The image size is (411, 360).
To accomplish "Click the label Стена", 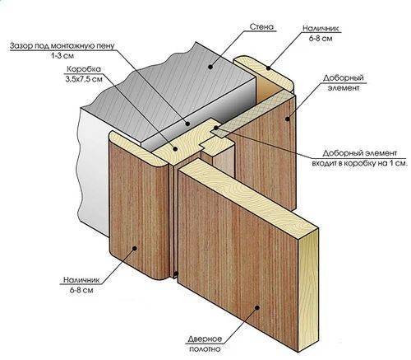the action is (x=261, y=27).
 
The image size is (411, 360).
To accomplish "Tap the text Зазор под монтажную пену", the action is (x=62, y=46).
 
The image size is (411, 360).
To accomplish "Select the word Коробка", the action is (x=84, y=69).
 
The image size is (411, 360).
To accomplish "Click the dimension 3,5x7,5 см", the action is (x=84, y=79).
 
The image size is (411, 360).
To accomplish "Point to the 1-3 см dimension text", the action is (x=62, y=56).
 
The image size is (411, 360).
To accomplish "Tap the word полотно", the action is (x=205, y=349).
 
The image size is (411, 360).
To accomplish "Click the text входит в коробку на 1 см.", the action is (x=360, y=163).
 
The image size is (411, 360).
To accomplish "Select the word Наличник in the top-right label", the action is (x=321, y=28).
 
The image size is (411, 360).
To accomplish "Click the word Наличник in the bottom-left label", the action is (x=81, y=280).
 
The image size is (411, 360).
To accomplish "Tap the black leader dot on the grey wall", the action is (x=210, y=67).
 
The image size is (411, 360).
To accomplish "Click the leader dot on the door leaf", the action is (x=257, y=307).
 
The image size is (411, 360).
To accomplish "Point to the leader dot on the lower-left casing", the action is (x=134, y=248).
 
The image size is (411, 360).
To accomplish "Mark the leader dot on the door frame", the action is (x=175, y=148).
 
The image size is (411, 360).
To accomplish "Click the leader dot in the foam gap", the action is (x=187, y=124).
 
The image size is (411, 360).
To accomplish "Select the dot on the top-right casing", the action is (x=269, y=68).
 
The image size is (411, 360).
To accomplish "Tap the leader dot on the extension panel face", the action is (x=288, y=119).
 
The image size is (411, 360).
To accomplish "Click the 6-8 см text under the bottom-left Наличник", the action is (x=81, y=290).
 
